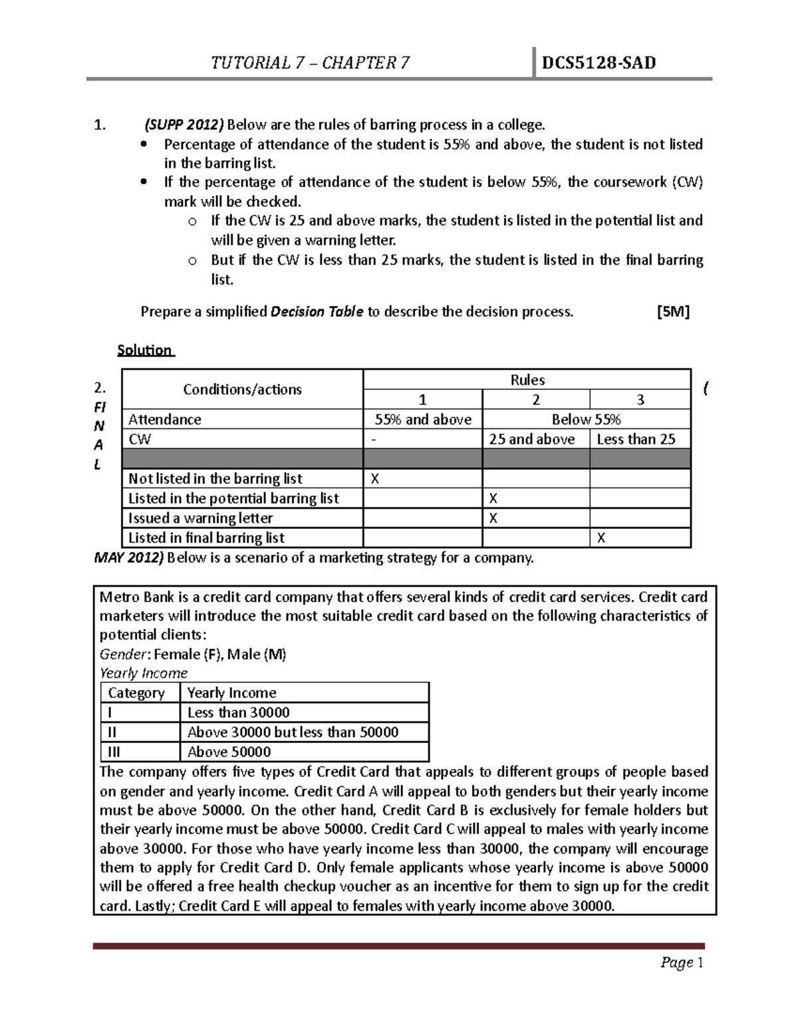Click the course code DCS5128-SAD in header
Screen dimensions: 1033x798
[598, 63]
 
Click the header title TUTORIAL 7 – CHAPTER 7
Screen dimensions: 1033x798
[310, 63]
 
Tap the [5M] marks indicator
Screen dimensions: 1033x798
[672, 312]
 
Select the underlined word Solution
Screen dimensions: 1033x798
[145, 350]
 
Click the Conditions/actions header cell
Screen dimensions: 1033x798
[242, 390]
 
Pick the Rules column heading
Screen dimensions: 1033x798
[527, 380]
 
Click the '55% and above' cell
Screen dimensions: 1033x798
[423, 420]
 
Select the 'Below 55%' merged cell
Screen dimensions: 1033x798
[586, 420]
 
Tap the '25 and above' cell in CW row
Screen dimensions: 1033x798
[532, 439]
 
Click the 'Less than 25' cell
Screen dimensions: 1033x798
[636, 439]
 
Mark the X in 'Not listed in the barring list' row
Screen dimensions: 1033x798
[374, 479]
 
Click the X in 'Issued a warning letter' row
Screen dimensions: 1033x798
[493, 518]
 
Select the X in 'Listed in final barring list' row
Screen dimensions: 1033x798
[601, 538]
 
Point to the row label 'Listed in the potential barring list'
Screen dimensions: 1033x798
[233, 498]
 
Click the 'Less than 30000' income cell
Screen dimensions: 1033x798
[238, 712]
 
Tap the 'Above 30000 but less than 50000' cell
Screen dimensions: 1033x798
[293, 732]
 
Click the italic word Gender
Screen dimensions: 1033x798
[122, 655]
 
